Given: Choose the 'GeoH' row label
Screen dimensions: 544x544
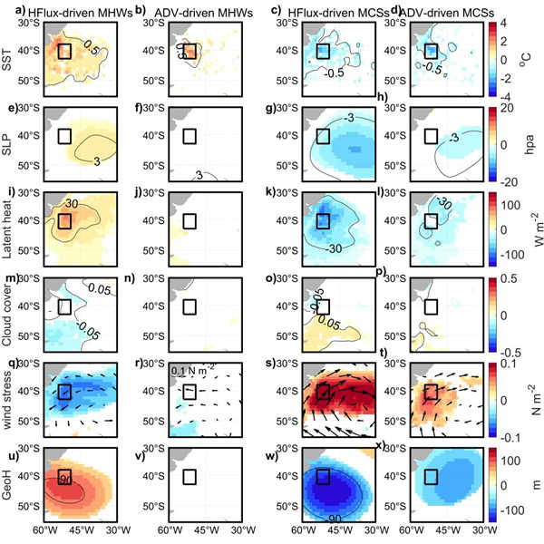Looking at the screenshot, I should (10, 481).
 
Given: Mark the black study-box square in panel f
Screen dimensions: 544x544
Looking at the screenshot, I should (189, 136).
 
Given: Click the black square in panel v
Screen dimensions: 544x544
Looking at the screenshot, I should (189, 477).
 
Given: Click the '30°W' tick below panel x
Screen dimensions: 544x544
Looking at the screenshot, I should (480, 535).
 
